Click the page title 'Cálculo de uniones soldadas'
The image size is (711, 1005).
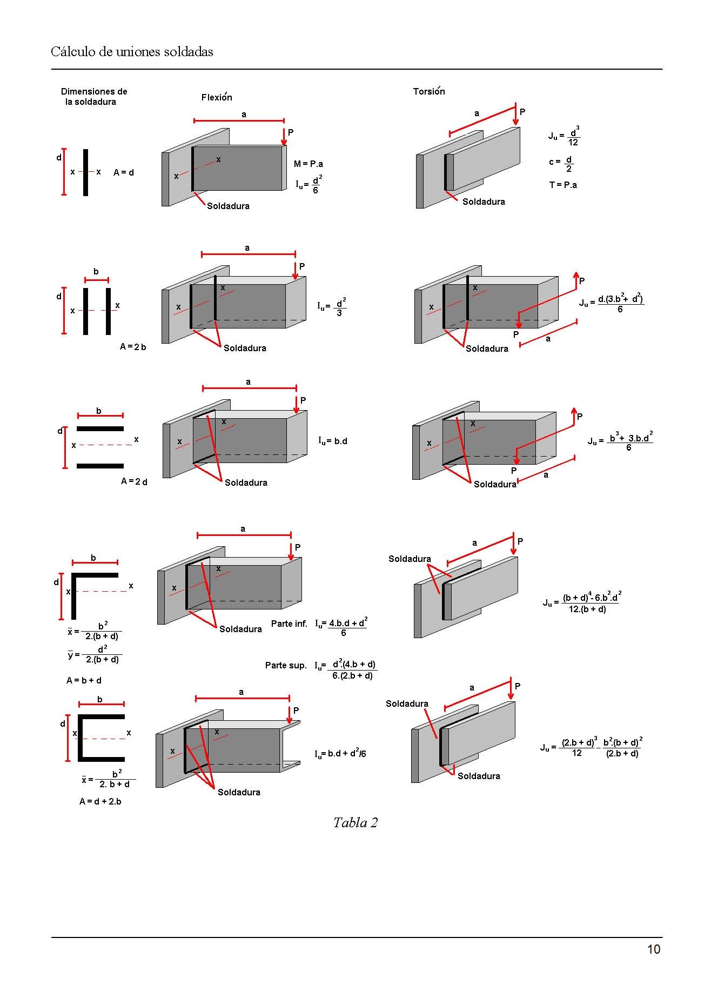point(132,52)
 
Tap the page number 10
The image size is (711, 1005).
point(654,949)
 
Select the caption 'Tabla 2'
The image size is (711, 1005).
point(355,822)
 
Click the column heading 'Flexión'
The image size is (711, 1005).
point(217,97)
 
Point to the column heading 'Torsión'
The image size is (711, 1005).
point(429,91)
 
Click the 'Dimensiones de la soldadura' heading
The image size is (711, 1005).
point(93,96)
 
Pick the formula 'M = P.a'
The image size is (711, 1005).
point(308,164)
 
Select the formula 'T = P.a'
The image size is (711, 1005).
point(563,185)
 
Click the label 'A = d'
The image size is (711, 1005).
point(124,172)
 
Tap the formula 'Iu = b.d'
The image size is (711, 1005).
point(332,441)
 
